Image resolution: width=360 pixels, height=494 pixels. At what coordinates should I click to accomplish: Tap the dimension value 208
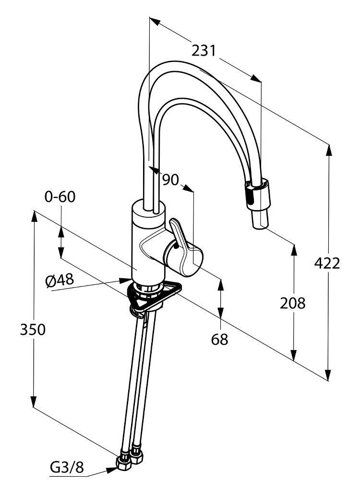click(x=293, y=303)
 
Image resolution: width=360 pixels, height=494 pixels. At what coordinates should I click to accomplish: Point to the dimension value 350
click(x=33, y=329)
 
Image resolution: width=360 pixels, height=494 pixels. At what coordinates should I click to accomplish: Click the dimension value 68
click(x=220, y=339)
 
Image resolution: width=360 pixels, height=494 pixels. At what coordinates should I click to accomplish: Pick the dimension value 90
click(x=170, y=179)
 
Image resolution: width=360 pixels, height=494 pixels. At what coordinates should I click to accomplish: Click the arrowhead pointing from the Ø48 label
click(x=126, y=280)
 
